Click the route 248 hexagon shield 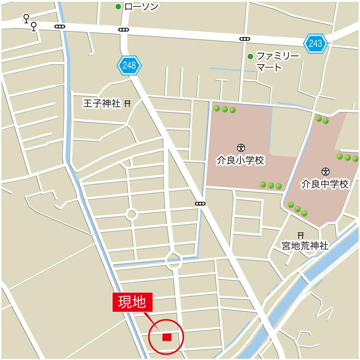(129, 65)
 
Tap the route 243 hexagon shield (315, 44)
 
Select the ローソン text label (141, 6)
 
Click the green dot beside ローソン (118, 6)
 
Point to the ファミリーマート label (273, 62)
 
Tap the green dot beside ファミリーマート (250, 56)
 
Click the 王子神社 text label (102, 104)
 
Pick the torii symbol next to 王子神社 (127, 104)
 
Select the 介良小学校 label (240, 160)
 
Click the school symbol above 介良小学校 (240, 147)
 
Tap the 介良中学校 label (325, 184)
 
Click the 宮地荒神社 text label (305, 246)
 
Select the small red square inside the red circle (167, 337)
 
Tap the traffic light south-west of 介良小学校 (200, 204)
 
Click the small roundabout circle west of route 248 (131, 215)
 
